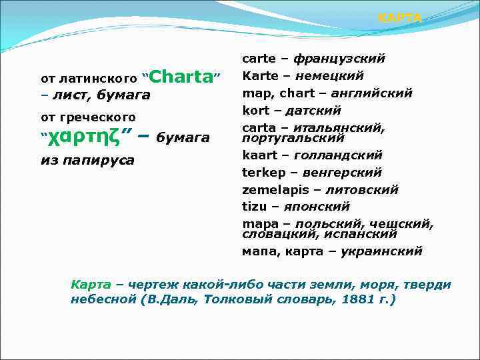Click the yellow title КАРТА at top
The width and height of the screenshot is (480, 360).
coord(399,18)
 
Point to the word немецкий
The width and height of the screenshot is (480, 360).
coord(329,76)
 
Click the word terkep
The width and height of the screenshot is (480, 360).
coord(261,173)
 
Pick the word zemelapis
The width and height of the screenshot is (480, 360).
coord(271,190)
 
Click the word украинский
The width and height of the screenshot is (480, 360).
coord(381,252)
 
